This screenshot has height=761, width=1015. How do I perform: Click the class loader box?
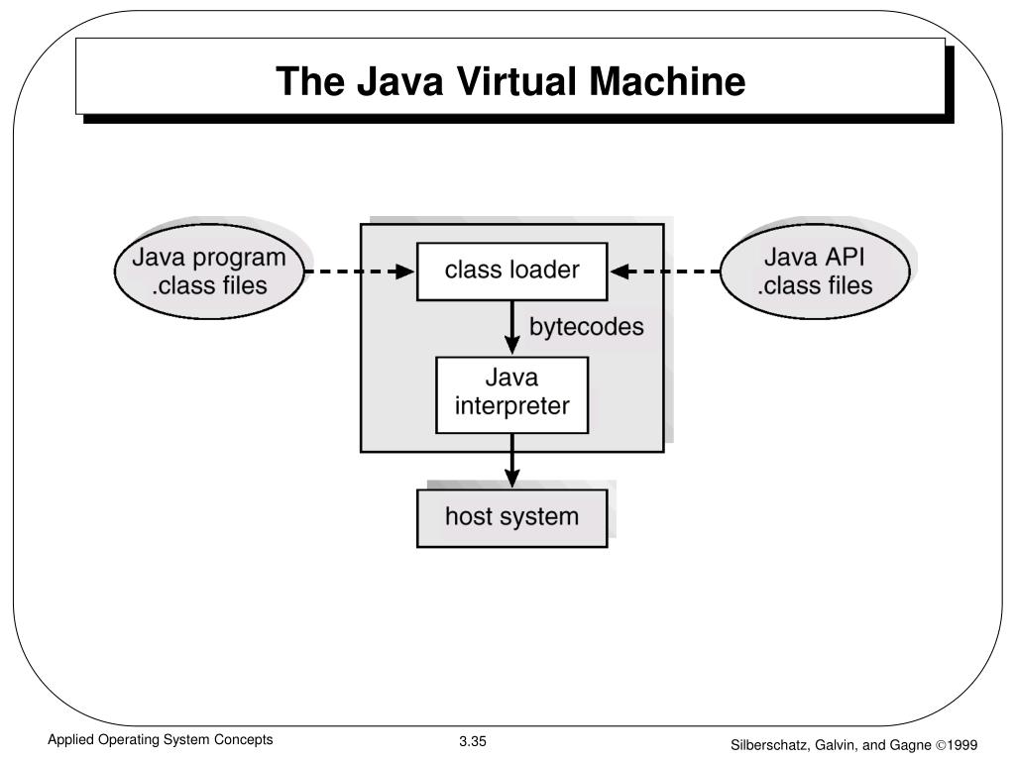(x=511, y=271)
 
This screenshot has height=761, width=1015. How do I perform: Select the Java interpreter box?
(x=511, y=393)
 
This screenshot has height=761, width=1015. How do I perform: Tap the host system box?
(x=511, y=517)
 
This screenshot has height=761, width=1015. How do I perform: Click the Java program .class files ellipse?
(x=209, y=271)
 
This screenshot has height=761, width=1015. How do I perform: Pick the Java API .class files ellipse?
(x=815, y=271)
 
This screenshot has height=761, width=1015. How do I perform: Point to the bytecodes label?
(x=586, y=327)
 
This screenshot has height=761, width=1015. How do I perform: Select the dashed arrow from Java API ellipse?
(x=665, y=271)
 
